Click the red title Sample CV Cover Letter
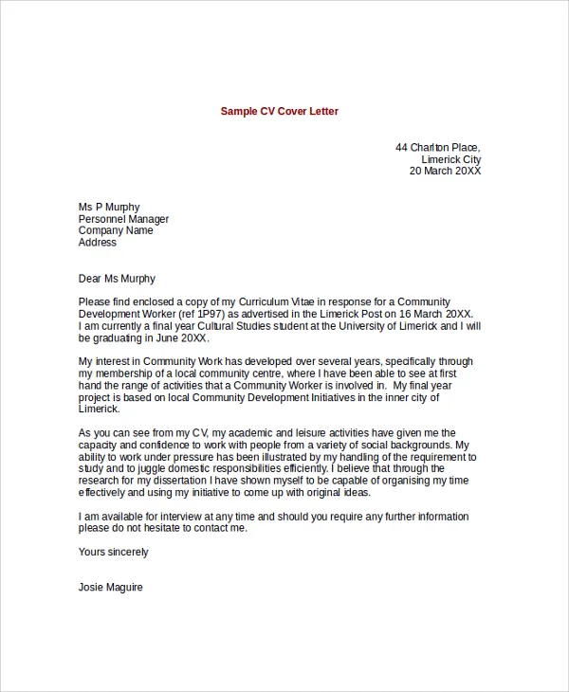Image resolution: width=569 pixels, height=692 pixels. (279, 112)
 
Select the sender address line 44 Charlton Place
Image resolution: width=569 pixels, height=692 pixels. (437, 147)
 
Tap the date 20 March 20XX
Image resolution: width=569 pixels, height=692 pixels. (445, 172)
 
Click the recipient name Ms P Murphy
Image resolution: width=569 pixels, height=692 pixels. (109, 208)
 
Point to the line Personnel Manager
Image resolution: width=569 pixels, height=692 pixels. (123, 219)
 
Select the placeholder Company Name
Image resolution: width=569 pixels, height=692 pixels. (116, 230)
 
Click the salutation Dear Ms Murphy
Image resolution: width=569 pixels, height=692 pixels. (117, 279)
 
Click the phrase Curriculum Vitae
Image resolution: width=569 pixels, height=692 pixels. (272, 302)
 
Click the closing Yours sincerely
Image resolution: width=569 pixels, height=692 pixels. (113, 552)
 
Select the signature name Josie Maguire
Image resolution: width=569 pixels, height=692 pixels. (111, 587)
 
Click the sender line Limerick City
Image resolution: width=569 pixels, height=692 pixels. (450, 159)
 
